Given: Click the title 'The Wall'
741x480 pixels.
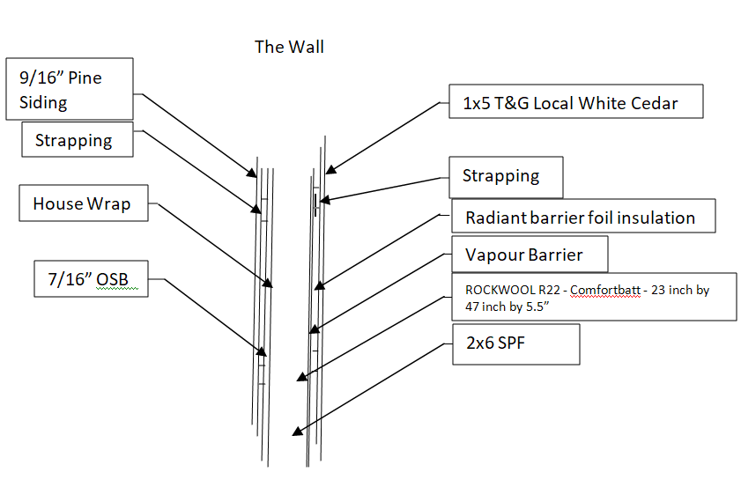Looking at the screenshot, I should [x=289, y=47].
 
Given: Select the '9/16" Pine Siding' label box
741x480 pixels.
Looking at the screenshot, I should [x=69, y=89].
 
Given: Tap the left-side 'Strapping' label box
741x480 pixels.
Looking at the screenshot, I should [x=78, y=140].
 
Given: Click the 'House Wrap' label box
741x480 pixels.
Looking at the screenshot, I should [x=84, y=204].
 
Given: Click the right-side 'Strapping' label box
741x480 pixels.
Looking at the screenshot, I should [x=505, y=176].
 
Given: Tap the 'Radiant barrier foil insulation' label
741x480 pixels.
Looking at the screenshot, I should [x=582, y=217].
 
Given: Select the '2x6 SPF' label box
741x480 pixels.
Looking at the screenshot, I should [x=515, y=343].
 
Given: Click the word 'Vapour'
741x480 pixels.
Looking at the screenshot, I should [x=494, y=255].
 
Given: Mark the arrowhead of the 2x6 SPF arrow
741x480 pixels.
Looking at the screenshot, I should [x=297, y=432].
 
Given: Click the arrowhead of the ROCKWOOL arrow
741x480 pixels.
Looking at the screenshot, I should [x=302, y=377].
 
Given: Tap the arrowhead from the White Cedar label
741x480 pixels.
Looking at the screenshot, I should [x=328, y=169].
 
